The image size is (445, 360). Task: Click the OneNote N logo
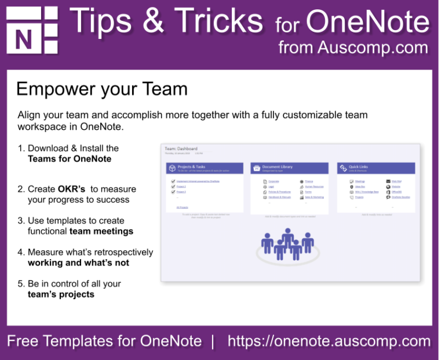pos(32,30)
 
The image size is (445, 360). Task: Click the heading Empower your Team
pos(102,89)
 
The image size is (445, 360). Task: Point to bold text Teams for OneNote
pos(70,158)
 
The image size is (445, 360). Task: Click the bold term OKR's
pos(71,189)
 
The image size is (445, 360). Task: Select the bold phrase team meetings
pos(101,231)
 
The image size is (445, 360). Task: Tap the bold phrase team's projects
pos(61,294)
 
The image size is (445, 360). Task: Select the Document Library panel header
pos(290,168)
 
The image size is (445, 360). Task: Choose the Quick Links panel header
pos(377,168)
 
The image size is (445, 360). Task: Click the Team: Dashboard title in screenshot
pos(181,148)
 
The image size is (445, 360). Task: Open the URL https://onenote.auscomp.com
pos(329,341)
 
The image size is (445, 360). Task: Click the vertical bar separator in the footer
pos(213,341)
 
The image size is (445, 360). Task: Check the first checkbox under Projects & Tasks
pos(173,181)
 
